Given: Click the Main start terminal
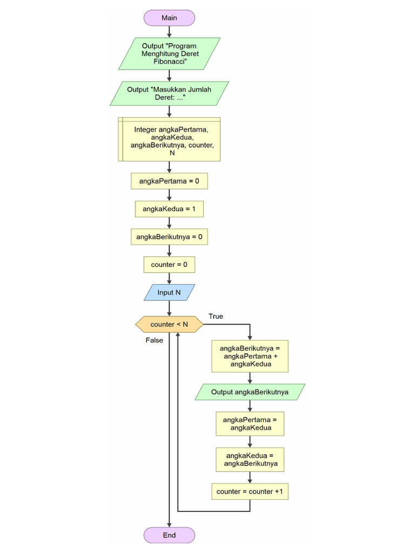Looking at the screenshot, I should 169,18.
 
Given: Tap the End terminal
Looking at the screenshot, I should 169,535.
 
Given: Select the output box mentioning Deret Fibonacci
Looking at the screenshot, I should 169,53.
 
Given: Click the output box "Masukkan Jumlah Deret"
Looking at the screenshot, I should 169,93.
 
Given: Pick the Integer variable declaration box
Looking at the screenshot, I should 169,139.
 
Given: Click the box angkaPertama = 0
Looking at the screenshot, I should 169,181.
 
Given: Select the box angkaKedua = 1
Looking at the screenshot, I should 169,209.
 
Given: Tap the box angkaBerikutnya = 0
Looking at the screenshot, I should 169,237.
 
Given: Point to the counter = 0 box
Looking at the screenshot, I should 169,265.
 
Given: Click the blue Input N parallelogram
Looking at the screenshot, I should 169,293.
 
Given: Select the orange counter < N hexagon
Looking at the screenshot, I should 169,325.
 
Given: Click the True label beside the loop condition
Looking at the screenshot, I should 216,316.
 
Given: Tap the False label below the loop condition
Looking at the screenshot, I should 154,341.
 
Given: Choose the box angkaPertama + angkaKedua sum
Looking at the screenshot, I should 250,356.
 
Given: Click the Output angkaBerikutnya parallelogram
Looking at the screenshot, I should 250,392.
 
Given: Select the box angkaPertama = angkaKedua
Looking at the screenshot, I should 250,424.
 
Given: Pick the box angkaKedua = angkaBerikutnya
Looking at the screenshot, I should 250,460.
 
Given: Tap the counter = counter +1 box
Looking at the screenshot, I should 250,491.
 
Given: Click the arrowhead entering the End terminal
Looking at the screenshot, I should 169,524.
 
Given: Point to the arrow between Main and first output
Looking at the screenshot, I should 169,31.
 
